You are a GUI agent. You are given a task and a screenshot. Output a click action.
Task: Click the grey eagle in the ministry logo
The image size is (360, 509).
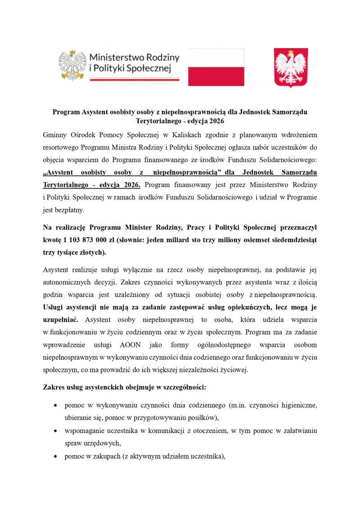pyautogui.click(x=72, y=66)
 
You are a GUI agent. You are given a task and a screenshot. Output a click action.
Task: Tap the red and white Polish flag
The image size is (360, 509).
pyautogui.click(x=216, y=67)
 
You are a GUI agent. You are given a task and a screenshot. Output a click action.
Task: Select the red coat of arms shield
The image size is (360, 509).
pyautogui.click(x=291, y=67)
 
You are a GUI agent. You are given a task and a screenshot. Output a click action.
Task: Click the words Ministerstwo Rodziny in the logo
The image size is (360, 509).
pyautogui.click(x=134, y=58)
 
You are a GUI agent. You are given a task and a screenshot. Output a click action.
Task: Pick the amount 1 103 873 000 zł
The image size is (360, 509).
pyautogui.click(x=86, y=240)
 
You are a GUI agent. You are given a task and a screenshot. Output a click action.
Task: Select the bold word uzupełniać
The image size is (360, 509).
pyautogui.click(x=61, y=320)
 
